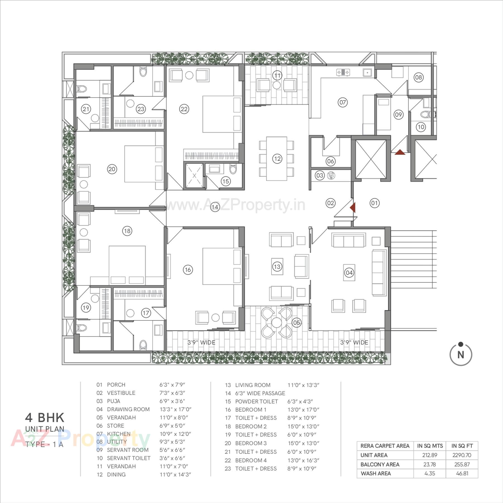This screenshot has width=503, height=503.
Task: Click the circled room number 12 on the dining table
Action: click(x=277, y=159)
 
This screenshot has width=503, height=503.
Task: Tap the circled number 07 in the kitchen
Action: click(x=343, y=102)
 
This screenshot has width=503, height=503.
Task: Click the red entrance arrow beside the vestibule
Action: click(x=353, y=207)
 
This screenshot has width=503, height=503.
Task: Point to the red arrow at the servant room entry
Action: click(x=400, y=152)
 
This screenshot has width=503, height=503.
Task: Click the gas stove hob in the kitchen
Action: click(x=343, y=72)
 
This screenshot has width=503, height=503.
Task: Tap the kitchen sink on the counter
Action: click(x=367, y=73)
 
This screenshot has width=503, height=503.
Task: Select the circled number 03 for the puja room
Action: click(x=320, y=176)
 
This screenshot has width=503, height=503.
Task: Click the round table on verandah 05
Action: click(x=277, y=322)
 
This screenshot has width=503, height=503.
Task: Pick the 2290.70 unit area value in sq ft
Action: click(x=462, y=455)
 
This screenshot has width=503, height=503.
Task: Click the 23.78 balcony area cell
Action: click(x=429, y=464)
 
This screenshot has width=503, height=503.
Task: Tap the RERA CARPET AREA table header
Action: click(x=385, y=446)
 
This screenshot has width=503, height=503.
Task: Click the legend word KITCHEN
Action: click(x=119, y=434)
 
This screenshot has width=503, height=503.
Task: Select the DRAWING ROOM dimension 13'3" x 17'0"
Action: click(x=175, y=409)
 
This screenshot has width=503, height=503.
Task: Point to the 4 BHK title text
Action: click(x=45, y=417)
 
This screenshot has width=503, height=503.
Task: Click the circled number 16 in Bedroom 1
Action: click(x=188, y=270)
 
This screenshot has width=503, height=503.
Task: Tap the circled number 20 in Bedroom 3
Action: click(x=112, y=169)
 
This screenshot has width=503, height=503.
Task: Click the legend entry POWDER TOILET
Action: click(x=256, y=401)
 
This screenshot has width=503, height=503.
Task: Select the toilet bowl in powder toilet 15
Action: click(x=233, y=169)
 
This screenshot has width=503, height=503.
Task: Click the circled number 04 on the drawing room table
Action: click(x=349, y=273)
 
